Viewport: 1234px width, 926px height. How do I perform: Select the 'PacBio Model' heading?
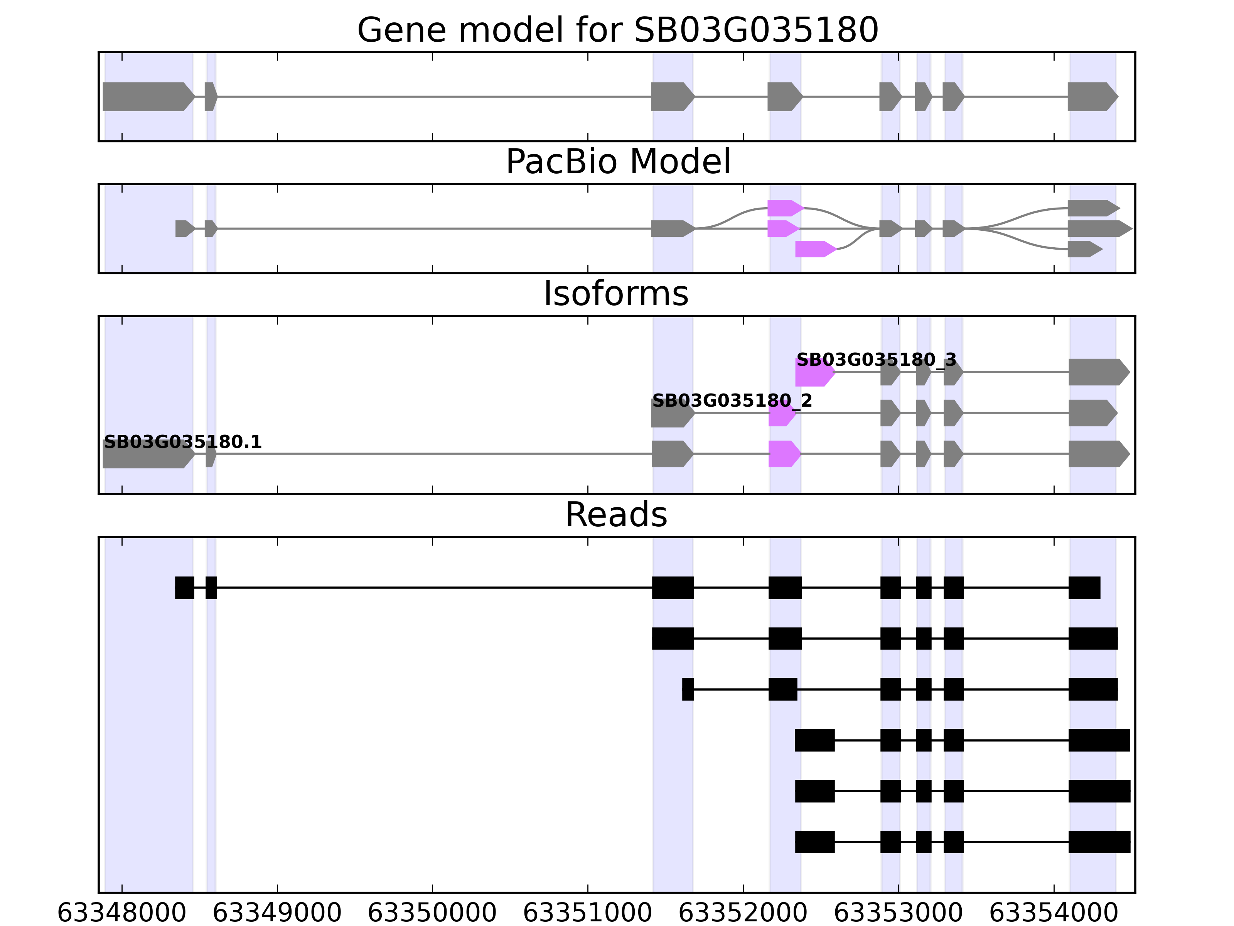click(617, 162)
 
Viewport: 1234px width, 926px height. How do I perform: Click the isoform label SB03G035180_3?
click(876, 360)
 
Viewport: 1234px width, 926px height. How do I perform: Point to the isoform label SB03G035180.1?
click(182, 442)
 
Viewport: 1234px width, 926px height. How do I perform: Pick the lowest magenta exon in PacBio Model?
click(814, 249)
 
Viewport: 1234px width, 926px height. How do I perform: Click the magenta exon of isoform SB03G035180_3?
click(814, 372)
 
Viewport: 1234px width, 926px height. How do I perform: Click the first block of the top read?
click(185, 587)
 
